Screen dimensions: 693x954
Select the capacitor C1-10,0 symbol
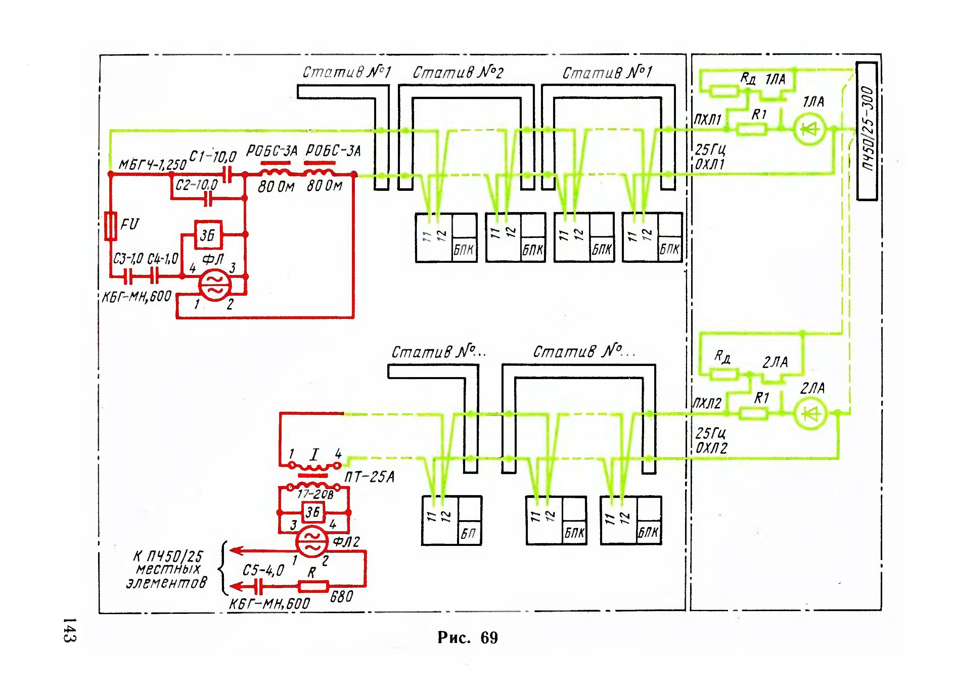pos(228,174)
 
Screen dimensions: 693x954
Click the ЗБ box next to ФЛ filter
pos(208,235)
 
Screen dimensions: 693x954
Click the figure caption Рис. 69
pos(467,637)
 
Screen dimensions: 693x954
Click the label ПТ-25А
pos(369,477)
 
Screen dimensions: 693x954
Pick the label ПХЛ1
pos(708,120)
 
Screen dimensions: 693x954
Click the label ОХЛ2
pos(711,448)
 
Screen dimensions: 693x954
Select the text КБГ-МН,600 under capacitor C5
pos(269,604)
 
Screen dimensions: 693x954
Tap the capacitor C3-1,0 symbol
pos(128,276)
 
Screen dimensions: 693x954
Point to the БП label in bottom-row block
pos(468,533)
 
